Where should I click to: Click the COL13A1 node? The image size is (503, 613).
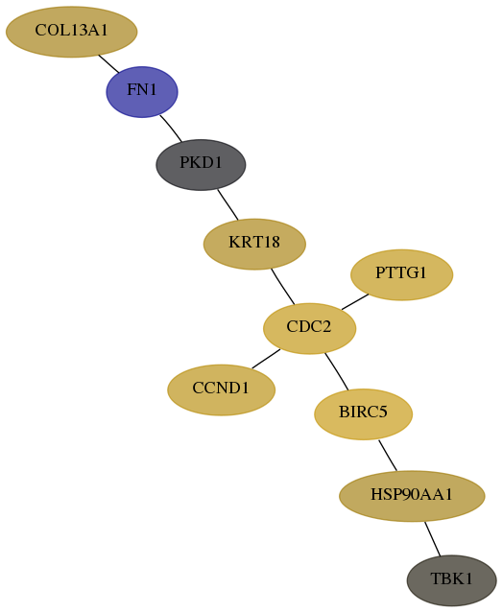tap(72, 32)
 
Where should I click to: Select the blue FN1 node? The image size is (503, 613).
tap(142, 92)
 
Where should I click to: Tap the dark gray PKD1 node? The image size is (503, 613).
tap(201, 165)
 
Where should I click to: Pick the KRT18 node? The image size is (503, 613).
tap(254, 245)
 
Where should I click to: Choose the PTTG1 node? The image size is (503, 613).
tap(401, 274)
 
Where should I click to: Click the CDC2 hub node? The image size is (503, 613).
tap(309, 328)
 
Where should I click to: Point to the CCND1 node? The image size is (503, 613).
tap(222, 389)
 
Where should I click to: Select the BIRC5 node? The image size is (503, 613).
tap(364, 414)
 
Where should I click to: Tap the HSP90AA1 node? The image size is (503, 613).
tap(412, 496)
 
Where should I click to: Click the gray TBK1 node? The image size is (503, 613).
tap(452, 580)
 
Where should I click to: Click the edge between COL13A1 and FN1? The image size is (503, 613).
tap(108, 63)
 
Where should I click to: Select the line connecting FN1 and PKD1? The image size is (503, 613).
tap(171, 129)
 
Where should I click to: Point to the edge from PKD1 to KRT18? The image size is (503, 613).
tap(228, 204)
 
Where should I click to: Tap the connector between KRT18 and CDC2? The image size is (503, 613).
tap(282, 287)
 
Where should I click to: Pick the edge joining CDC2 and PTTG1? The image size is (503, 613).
tap(355, 302)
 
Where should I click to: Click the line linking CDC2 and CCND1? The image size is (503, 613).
tap(266, 359)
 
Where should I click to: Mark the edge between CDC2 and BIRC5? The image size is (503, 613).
tap(336, 371)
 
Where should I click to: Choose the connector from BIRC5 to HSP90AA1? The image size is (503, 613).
tap(388, 456)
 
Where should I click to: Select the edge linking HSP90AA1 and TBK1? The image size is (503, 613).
tap(433, 539)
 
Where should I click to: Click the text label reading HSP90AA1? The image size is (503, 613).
tap(412, 495)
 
